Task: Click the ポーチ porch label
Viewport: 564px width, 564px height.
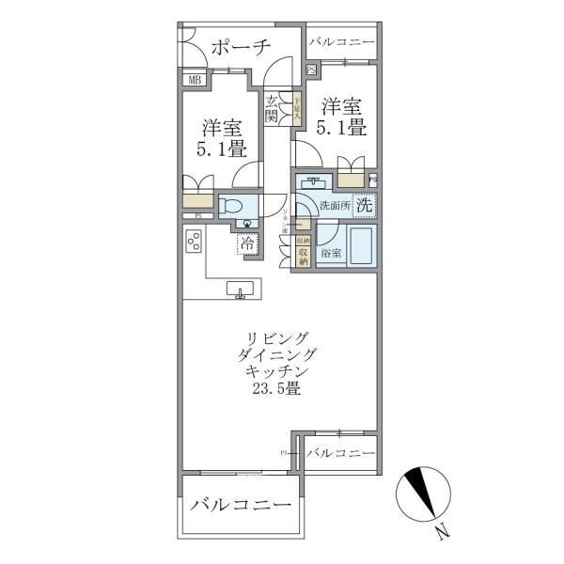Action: [240, 47]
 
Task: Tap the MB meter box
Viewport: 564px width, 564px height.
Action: [195, 81]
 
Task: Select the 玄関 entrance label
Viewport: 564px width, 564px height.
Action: [271, 109]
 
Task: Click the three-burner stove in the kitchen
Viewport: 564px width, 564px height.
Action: [196, 243]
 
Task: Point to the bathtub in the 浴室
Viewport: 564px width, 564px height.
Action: [359, 246]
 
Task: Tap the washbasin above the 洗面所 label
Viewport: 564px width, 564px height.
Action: [313, 181]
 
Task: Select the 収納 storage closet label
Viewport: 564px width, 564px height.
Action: [304, 252]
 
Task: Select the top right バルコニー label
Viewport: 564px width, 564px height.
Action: [342, 43]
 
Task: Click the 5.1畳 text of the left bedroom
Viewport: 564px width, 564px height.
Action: [222, 149]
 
